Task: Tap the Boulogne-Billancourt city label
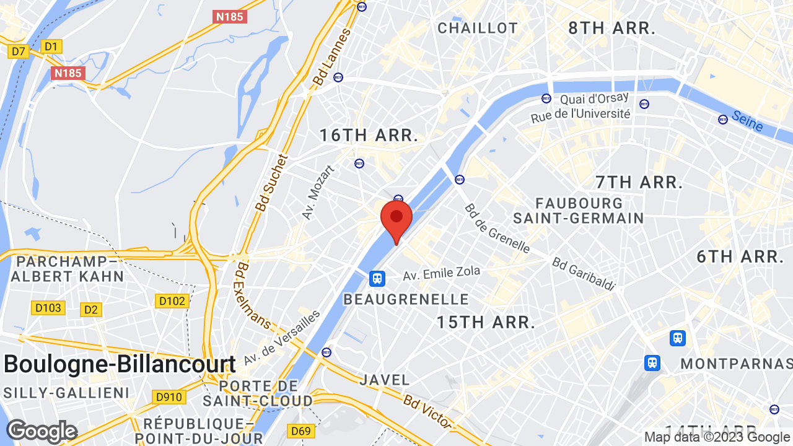click(120, 364)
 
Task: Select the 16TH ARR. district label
click(369, 135)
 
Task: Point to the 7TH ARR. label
click(639, 182)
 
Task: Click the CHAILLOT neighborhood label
click(477, 28)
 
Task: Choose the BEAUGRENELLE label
click(406, 299)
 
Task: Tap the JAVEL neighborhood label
click(384, 380)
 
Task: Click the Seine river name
click(747, 121)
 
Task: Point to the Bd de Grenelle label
click(497, 228)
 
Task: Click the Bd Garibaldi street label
click(584, 274)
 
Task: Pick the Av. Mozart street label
click(318, 192)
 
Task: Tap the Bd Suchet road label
click(270, 182)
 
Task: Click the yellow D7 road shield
click(19, 51)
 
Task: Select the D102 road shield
click(172, 301)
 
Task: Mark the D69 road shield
click(301, 431)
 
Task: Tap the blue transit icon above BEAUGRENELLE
click(377, 279)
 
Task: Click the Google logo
click(42, 431)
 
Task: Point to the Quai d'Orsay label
click(594, 98)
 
